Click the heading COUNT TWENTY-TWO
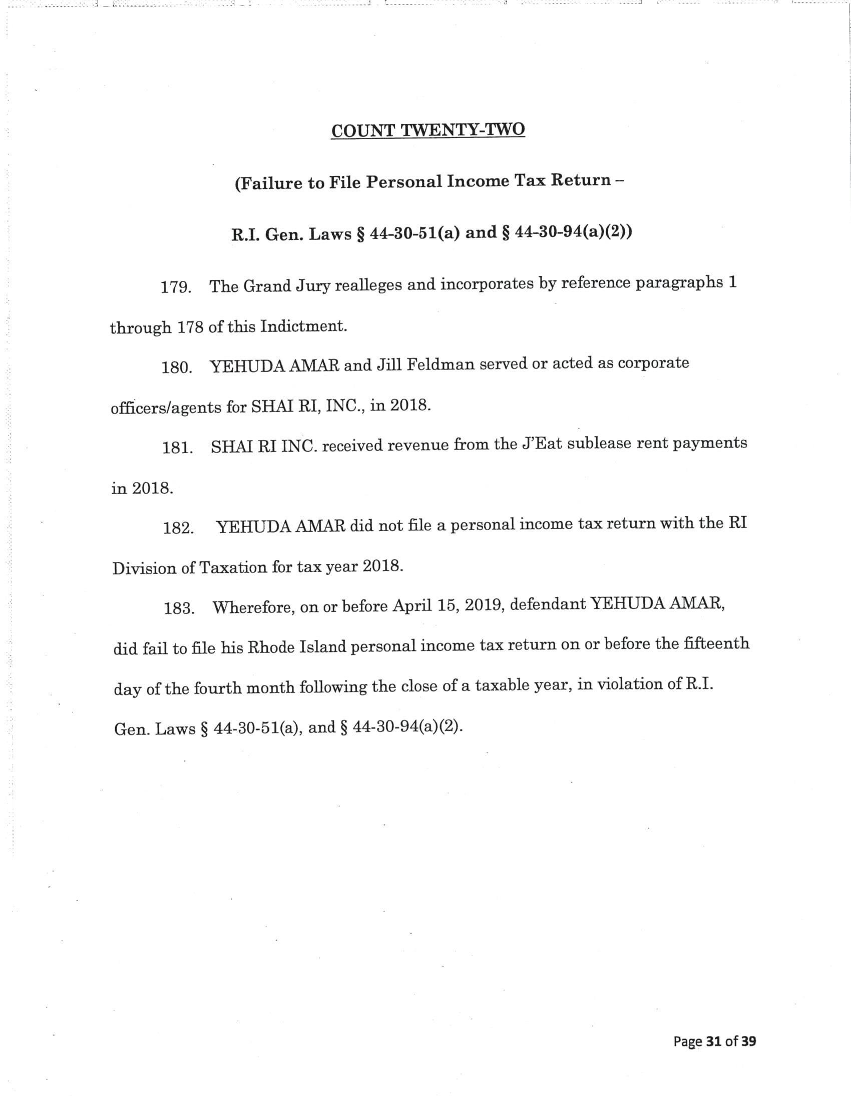(428, 130)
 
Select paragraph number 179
(175, 287)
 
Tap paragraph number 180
(176, 367)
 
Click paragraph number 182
(178, 528)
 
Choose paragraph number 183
(179, 608)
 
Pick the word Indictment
(303, 326)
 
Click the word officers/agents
(166, 407)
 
